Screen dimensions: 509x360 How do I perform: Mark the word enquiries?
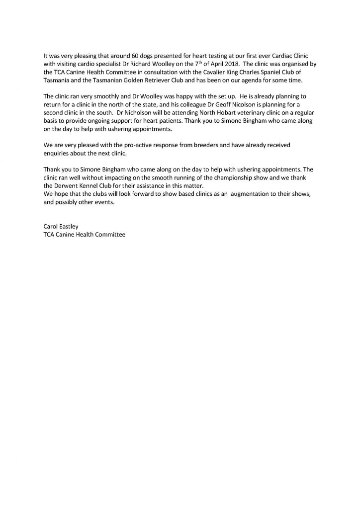coord(58,154)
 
